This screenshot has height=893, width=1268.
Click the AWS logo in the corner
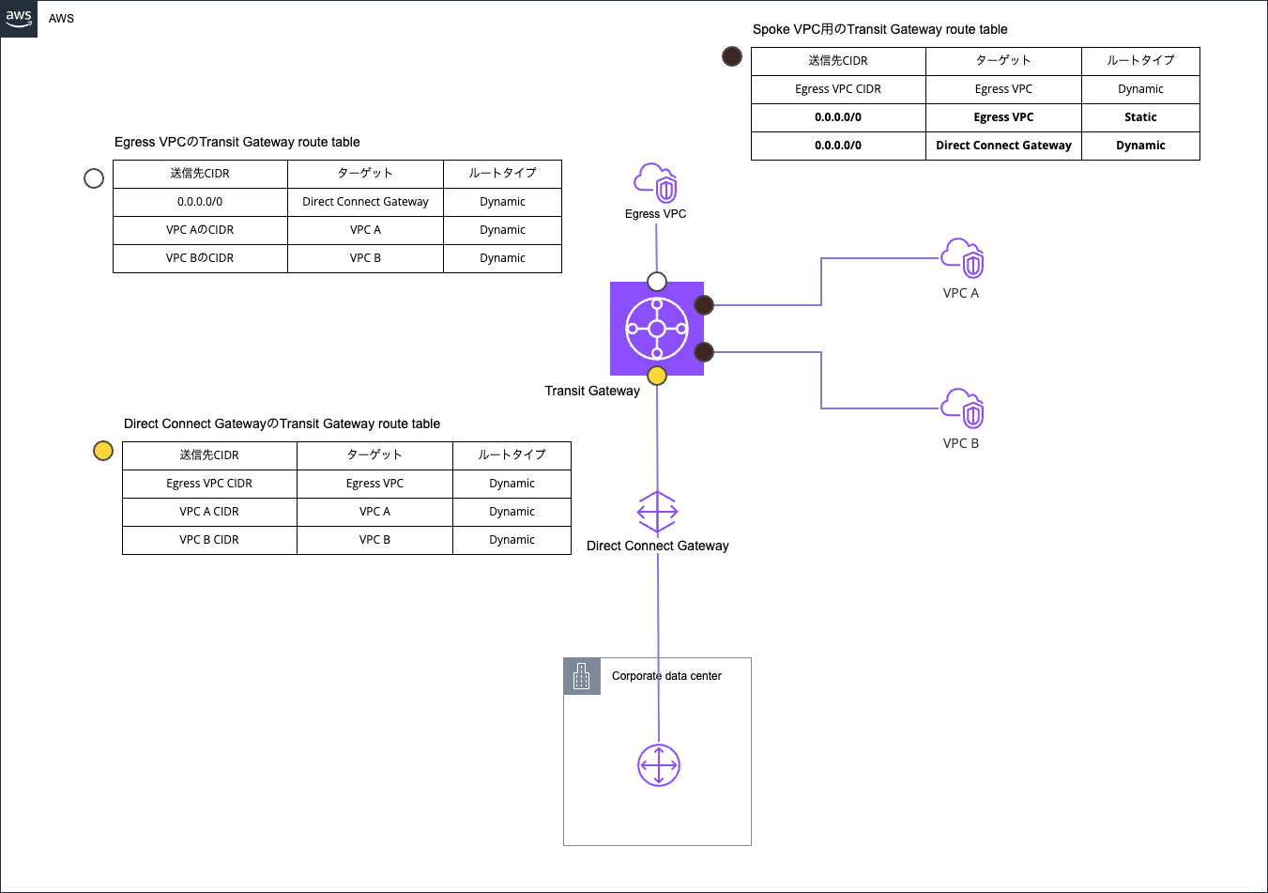click(19, 18)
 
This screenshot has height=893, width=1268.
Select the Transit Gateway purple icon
click(657, 329)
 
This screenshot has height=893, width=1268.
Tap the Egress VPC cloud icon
click(656, 183)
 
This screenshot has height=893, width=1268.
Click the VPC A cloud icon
click(962, 258)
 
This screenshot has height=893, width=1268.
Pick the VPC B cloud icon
click(962, 408)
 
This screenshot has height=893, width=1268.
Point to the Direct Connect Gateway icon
click(657, 513)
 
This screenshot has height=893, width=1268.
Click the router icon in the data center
click(659, 765)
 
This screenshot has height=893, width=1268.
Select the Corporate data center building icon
click(582, 676)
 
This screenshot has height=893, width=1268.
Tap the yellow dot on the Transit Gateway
click(657, 376)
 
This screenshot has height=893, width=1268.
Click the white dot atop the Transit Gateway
click(657, 282)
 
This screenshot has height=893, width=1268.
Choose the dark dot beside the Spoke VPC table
click(732, 56)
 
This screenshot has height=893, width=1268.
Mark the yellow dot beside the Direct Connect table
click(103, 451)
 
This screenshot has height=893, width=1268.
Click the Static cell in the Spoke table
click(1140, 117)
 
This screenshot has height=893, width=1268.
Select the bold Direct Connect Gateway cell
click(1003, 146)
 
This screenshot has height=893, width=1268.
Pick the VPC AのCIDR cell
click(200, 230)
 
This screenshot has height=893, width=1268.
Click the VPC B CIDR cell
click(209, 540)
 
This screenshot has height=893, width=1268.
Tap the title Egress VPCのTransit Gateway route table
click(237, 142)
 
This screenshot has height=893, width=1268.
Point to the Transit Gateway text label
click(592, 391)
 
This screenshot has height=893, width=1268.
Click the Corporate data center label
click(666, 676)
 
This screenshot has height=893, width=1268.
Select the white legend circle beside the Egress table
click(94, 178)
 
